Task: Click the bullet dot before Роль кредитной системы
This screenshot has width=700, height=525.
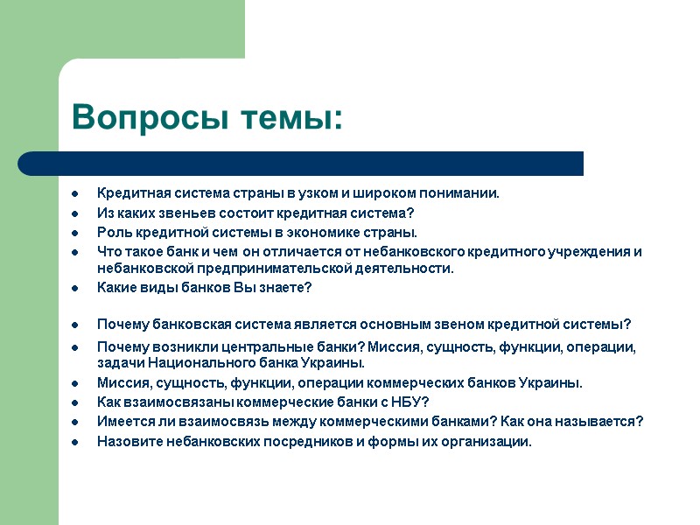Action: [x=77, y=233]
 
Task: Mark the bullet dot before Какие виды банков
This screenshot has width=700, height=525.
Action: [x=77, y=288]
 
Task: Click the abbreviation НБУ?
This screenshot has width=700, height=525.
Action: [x=408, y=402]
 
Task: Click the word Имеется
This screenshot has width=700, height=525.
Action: [x=124, y=421]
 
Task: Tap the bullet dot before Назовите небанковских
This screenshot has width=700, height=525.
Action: [x=77, y=441]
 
